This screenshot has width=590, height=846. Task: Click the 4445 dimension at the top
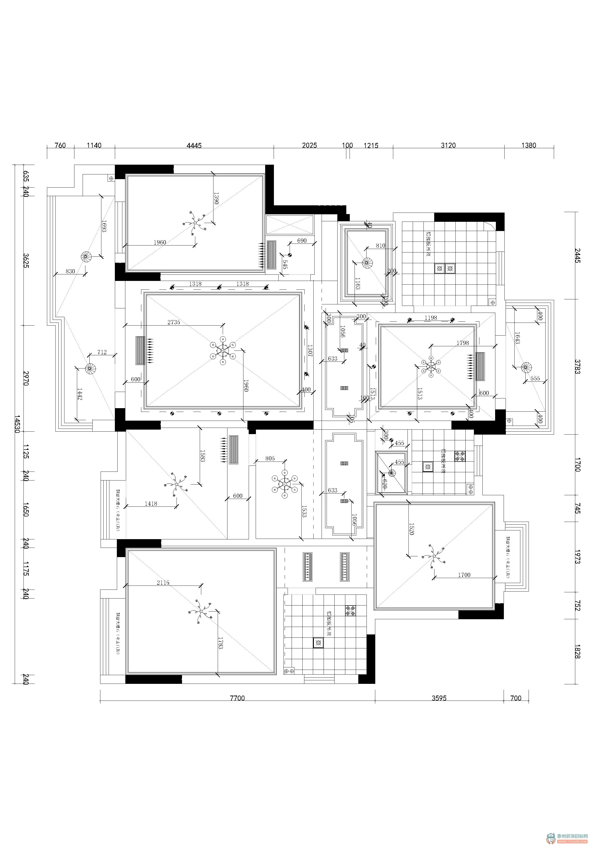tap(194, 145)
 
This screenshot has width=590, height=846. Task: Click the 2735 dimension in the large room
tap(174, 322)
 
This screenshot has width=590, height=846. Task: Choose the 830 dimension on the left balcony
tap(70, 271)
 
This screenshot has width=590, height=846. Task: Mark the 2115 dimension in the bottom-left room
tap(163, 583)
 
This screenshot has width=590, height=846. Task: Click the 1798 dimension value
tap(462, 343)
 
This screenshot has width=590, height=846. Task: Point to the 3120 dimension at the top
tap(448, 145)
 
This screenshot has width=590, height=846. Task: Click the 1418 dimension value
tap(151, 504)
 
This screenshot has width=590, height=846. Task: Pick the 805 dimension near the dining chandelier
tap(270, 458)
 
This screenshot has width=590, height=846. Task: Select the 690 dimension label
tap(302, 241)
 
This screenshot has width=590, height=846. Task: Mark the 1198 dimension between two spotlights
tap(431, 318)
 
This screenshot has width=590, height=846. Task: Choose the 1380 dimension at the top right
tap(528, 145)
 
